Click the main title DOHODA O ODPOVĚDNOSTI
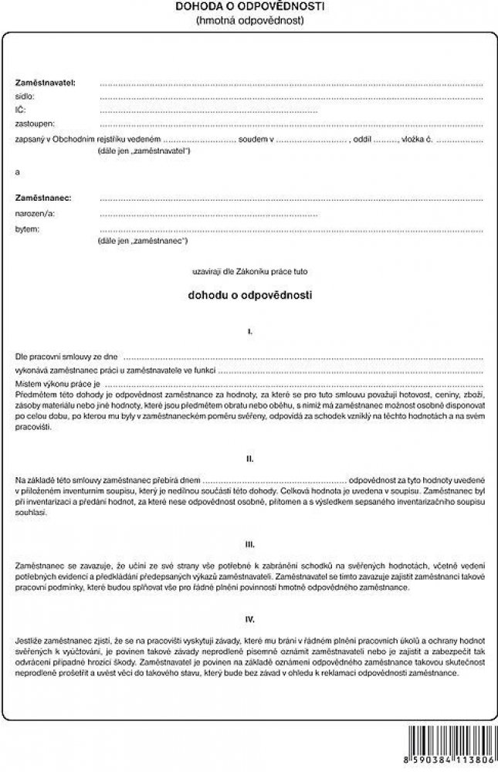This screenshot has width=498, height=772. point(249,7)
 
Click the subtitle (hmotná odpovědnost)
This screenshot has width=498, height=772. point(249,21)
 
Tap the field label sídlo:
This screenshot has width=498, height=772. point(25,97)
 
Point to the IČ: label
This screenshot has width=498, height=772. point(21,110)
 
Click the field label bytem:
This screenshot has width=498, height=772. point(27,229)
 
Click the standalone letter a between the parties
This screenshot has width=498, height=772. point(18,171)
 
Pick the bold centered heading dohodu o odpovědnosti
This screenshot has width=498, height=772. point(249,295)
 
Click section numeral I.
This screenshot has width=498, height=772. point(249,331)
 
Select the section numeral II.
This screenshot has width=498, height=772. point(249,459)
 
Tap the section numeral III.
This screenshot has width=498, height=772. point(249,543)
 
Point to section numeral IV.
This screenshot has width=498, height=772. point(249,619)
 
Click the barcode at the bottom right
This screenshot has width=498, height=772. point(451,742)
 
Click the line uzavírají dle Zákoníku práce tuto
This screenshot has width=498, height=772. point(249,272)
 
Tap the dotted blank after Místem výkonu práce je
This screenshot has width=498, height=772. point(294,384)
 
